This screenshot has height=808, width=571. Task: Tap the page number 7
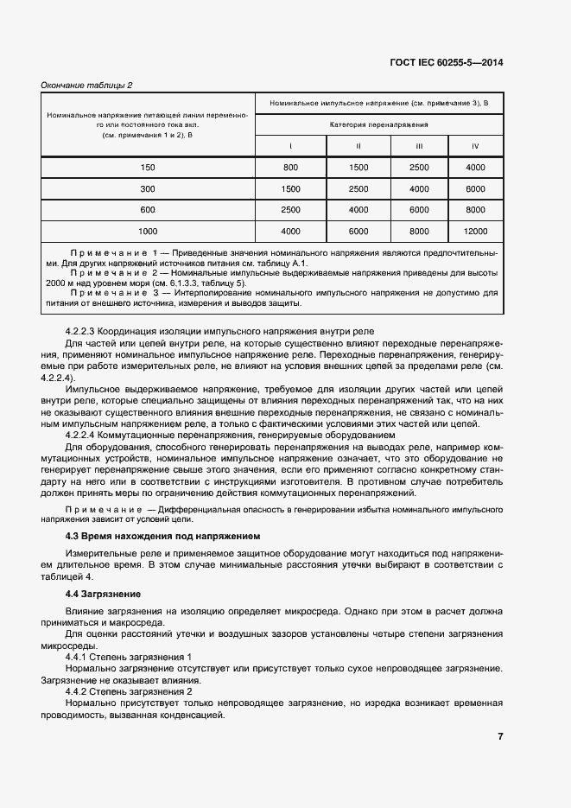click(500, 736)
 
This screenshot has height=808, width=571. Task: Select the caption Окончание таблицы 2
click(87, 85)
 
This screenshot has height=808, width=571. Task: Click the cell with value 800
click(290, 167)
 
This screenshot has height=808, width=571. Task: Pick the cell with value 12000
click(475, 232)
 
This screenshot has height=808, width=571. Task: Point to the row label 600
click(148, 210)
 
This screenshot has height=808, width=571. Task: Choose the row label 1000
click(148, 232)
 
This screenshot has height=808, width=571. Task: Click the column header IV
click(475, 145)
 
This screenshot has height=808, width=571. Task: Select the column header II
click(358, 145)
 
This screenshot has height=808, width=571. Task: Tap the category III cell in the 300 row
click(419, 188)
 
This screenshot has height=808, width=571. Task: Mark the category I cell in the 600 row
click(290, 210)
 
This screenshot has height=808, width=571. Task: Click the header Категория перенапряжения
click(379, 124)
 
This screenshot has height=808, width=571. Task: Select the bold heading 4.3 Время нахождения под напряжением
click(162, 537)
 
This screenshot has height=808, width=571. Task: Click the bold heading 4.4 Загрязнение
click(104, 595)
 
